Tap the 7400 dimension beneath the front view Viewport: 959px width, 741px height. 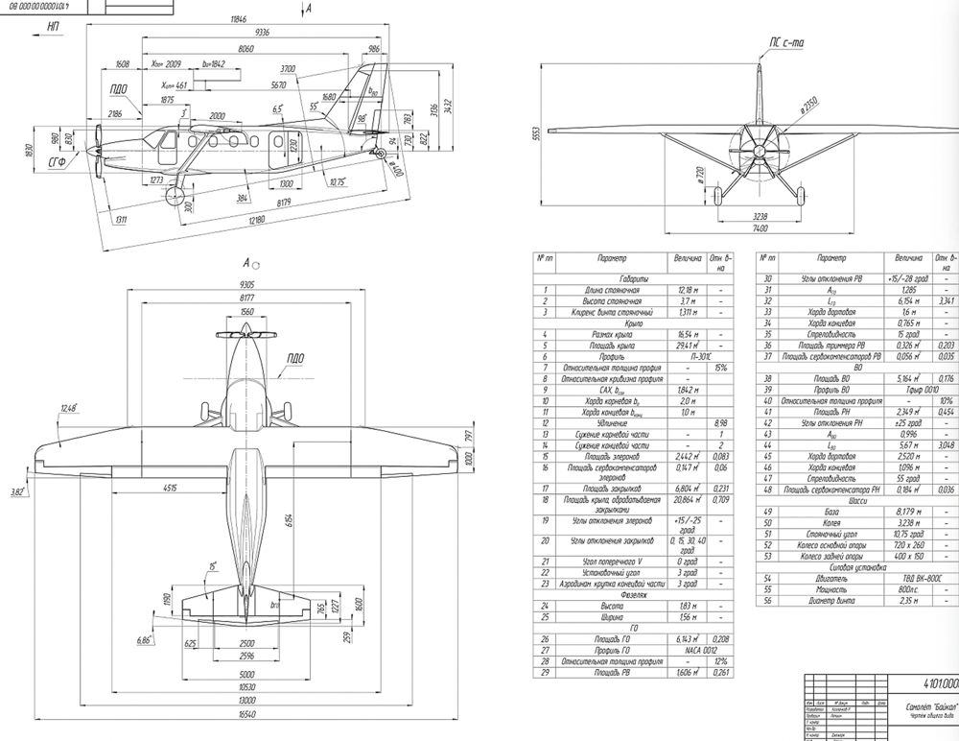pos(760,230)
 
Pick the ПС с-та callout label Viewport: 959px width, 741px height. pos(785,41)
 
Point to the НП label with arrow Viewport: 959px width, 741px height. pos(54,30)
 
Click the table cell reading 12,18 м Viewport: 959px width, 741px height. pos(687,289)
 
